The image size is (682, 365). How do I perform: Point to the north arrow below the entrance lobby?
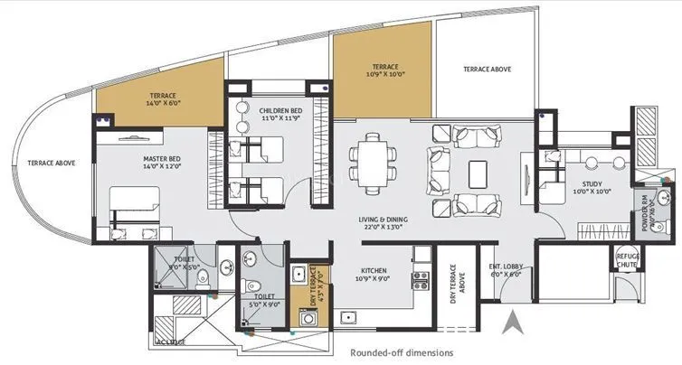(x=512, y=319)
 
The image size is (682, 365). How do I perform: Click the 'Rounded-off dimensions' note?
(x=402, y=352)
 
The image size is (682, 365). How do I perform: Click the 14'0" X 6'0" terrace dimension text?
(x=164, y=104)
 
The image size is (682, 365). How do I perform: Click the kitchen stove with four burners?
(x=420, y=278)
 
